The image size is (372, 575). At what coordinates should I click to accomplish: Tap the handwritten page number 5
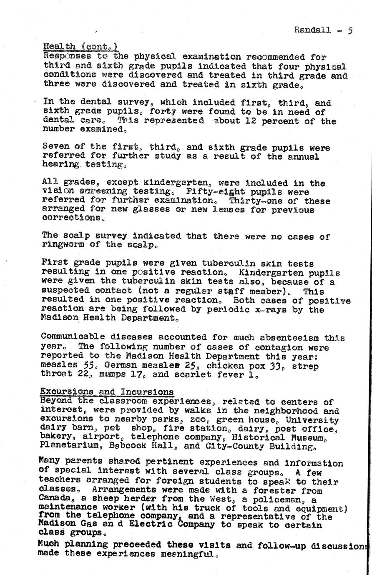[x=350, y=30]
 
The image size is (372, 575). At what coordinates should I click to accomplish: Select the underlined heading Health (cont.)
[x=80, y=47]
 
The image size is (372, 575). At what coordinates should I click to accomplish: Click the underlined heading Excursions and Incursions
[x=107, y=392]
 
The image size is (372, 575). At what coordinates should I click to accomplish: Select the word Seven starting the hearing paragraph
[x=56, y=148]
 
